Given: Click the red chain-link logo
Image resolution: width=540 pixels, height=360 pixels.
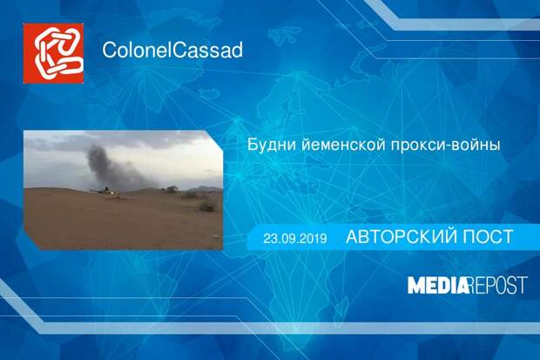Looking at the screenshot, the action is tap(53, 53).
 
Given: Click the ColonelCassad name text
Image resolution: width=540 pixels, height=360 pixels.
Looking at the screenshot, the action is tap(172, 50).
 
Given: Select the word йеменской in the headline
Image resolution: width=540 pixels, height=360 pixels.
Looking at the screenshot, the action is tap(343, 145).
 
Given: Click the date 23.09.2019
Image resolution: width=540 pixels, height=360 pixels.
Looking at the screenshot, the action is tap(295, 238).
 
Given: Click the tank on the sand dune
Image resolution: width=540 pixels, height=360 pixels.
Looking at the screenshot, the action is tap(105, 190).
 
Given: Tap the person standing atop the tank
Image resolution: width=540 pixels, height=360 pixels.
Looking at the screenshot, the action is tap(107, 188).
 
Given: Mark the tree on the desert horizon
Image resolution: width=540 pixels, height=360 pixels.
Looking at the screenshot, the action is tap(172, 188).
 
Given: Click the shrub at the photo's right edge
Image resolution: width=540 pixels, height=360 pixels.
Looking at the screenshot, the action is tap(207, 206).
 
